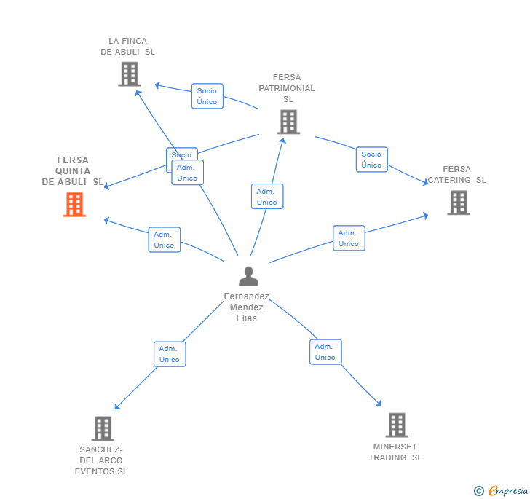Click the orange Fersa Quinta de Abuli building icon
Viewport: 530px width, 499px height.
(74, 205)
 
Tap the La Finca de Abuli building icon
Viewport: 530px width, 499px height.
(129, 74)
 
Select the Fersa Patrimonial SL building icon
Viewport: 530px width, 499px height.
(288, 122)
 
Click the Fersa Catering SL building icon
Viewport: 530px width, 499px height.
(458, 203)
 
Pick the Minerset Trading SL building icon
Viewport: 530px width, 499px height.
(396, 425)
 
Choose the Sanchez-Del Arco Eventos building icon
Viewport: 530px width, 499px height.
(103, 428)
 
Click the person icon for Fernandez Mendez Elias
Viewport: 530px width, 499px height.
(248, 277)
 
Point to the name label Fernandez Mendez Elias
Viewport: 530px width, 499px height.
(247, 307)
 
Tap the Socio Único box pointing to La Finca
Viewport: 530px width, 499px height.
(207, 96)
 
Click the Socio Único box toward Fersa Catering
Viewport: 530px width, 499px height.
(371, 160)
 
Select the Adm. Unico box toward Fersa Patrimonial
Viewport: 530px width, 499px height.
(267, 197)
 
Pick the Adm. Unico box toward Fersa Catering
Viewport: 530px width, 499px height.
(349, 238)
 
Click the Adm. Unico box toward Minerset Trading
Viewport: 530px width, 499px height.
(325, 352)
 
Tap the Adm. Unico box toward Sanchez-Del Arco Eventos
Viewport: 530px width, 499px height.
(170, 354)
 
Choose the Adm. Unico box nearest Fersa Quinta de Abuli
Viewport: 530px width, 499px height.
(164, 240)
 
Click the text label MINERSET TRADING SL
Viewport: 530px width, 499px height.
(395, 452)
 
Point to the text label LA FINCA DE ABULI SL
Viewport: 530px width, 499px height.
(128, 47)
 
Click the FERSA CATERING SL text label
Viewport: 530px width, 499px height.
(456, 175)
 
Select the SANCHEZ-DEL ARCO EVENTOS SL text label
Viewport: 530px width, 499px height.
(101, 460)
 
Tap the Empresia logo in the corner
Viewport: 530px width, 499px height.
(501, 491)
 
